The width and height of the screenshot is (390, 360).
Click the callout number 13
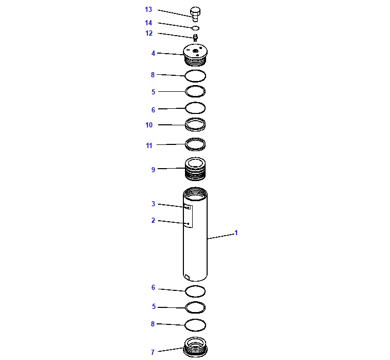(x=148, y=9)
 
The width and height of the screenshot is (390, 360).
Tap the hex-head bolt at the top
(x=195, y=14)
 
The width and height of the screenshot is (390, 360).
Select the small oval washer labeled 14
(x=196, y=28)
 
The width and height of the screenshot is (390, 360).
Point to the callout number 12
(x=149, y=33)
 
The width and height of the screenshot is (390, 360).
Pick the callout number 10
(x=149, y=125)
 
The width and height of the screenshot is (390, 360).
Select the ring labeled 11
(x=195, y=144)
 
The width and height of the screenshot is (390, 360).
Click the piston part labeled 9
(x=195, y=169)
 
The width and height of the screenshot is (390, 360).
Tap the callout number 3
(x=153, y=204)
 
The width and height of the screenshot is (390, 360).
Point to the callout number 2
(x=153, y=220)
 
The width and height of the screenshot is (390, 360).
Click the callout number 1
(x=236, y=233)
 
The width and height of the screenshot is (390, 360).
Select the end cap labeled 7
(x=195, y=347)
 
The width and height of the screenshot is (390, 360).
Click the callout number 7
(x=152, y=352)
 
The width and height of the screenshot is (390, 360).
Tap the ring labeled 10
(x=195, y=124)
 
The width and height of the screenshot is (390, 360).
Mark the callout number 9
(x=153, y=170)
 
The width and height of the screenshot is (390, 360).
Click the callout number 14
(x=148, y=23)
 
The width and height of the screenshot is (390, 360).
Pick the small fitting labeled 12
(x=195, y=38)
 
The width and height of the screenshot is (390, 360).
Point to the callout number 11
(x=149, y=145)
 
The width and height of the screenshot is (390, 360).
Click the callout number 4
(x=153, y=53)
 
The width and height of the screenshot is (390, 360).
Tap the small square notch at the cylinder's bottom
(x=188, y=277)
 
